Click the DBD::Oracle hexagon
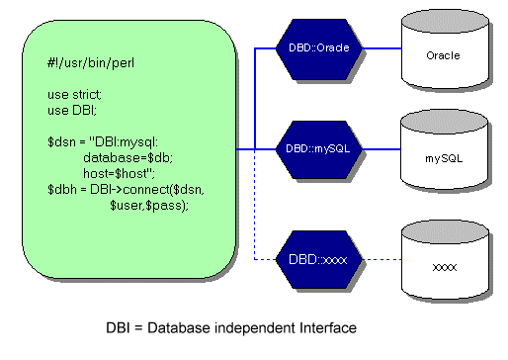[x=318, y=49]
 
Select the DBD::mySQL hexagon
[x=318, y=149]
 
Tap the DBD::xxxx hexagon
[x=318, y=260]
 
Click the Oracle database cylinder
[x=445, y=49]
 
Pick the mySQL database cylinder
[x=444, y=150]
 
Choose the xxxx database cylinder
[x=445, y=260]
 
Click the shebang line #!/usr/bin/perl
[x=91, y=63]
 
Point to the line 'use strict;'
[x=74, y=95]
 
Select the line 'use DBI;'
[x=72, y=111]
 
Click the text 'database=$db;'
[x=127, y=158]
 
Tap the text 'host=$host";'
[x=119, y=173]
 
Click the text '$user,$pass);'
[x=149, y=206]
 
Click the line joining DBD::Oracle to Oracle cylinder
[x=381, y=48]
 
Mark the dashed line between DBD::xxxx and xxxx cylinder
[x=381, y=259]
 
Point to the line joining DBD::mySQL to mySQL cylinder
[x=381, y=149]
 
